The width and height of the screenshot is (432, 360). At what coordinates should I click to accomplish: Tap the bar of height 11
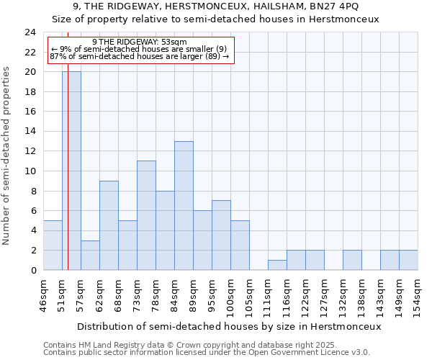tap(146, 215)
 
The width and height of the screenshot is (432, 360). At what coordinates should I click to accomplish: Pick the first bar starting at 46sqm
tap(53, 245)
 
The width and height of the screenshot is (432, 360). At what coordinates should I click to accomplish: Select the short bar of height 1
tap(277, 265)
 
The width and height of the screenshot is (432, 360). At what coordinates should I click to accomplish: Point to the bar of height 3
tap(90, 255)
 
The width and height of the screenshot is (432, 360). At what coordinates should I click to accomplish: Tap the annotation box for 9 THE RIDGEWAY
tap(140, 49)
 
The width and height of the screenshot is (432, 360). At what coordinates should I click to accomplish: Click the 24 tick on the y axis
tap(30, 32)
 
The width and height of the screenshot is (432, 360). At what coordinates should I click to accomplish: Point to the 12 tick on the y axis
tap(30, 151)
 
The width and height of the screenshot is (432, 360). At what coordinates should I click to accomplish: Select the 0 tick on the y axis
tap(33, 270)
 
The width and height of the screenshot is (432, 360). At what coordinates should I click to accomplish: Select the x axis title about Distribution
tap(228, 326)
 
